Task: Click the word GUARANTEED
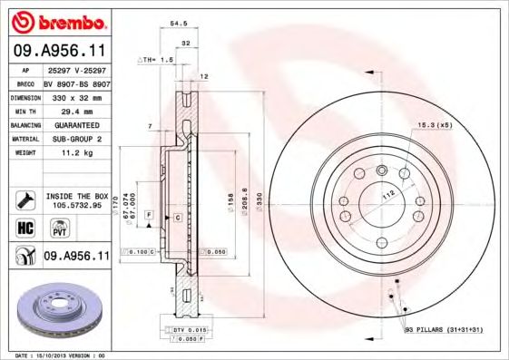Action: tap(73, 125)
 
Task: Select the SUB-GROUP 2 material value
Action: tap(73, 140)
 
